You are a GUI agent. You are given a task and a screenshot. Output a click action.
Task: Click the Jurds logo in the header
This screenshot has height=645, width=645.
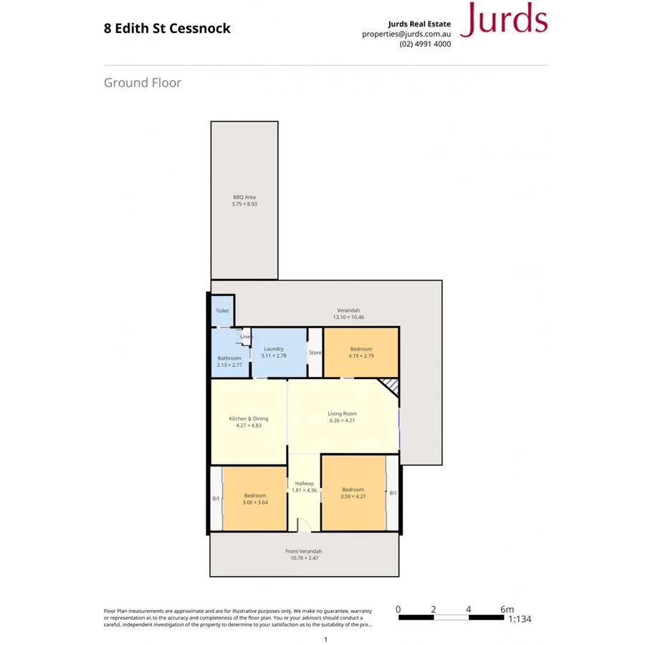click(504, 20)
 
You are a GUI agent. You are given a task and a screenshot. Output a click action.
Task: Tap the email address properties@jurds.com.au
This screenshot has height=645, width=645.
click(406, 34)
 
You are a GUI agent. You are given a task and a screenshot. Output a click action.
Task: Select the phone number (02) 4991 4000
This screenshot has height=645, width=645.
click(425, 44)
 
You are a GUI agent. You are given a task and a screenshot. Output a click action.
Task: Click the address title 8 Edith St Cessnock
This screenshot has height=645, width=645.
click(167, 29)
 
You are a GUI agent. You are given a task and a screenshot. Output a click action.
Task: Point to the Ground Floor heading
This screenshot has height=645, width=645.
click(143, 82)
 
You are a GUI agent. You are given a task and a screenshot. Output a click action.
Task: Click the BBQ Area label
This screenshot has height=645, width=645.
click(244, 197)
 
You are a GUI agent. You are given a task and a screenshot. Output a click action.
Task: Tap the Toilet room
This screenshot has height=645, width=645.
click(222, 311)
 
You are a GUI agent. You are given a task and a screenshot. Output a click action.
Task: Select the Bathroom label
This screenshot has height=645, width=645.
click(229, 358)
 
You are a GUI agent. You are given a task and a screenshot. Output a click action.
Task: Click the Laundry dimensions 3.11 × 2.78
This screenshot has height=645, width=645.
click(273, 355)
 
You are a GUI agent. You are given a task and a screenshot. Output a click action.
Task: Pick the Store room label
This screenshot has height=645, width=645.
click(315, 353)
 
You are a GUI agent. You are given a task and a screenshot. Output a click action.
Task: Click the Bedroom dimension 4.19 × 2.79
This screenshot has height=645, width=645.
click(361, 355)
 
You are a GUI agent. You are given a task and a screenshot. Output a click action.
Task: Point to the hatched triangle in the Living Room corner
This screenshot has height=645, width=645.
click(391, 387)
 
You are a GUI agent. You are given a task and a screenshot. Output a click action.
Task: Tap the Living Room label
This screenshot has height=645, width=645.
click(342, 414)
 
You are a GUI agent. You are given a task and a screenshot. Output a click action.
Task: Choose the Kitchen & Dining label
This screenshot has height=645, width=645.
click(248, 419)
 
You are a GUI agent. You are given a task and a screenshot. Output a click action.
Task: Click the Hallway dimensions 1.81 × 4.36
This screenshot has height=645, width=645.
click(304, 490)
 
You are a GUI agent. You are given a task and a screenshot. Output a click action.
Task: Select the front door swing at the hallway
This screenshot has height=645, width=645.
click(304, 527)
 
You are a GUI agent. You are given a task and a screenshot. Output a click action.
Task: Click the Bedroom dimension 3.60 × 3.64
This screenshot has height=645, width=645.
click(255, 502)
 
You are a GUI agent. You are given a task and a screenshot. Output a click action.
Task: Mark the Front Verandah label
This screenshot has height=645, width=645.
click(303, 551)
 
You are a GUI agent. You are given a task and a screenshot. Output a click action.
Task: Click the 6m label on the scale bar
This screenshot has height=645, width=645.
click(506, 609)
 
